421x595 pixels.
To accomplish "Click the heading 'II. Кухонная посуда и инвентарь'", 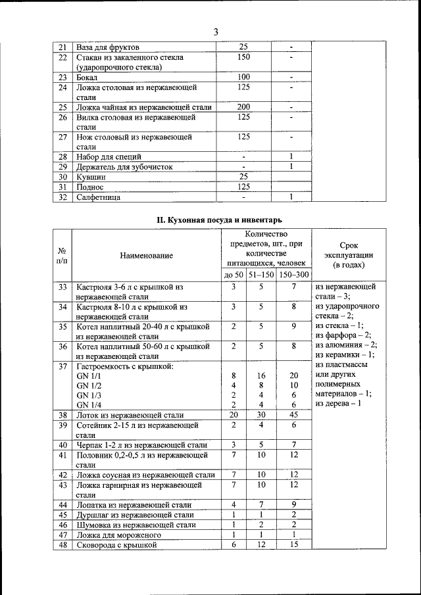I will [x=210, y=218].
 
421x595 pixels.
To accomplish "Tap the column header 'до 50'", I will [x=234, y=274].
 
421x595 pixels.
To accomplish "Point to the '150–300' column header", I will [x=294, y=274].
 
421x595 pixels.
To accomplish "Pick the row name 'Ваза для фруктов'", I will [x=108, y=47].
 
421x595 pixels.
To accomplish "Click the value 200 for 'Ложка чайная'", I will [x=243, y=107].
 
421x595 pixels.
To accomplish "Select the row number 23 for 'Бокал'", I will [x=63, y=77].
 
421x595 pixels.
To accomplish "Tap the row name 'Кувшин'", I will [x=92, y=177].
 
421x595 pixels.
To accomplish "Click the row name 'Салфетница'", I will [x=99, y=197].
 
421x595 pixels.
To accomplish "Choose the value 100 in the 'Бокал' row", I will [x=243, y=77].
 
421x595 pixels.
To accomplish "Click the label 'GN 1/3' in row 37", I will [x=90, y=394].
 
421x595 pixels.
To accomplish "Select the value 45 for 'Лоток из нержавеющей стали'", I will [x=294, y=415].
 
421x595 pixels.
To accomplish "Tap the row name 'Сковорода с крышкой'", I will [x=117, y=545].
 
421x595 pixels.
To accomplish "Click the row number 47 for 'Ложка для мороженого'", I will [x=63, y=535].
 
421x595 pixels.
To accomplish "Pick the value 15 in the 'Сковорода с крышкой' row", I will [x=294, y=545].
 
